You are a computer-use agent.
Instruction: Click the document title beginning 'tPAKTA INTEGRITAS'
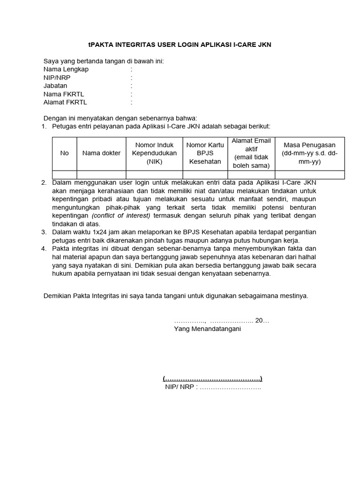click(180, 45)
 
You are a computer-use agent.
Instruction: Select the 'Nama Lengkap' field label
click(66, 69)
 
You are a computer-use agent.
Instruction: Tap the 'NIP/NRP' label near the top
click(56, 78)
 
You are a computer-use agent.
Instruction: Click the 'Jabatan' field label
click(55, 86)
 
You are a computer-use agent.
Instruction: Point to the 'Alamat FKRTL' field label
click(65, 102)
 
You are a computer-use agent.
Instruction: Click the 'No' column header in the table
click(64, 153)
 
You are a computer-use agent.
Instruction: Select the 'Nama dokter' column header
click(101, 153)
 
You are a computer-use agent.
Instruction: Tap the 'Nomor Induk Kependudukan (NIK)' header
click(154, 153)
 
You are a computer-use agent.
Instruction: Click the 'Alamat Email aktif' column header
click(251, 153)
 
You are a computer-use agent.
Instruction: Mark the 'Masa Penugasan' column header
click(309, 153)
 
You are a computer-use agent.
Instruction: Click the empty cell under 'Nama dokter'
click(101, 175)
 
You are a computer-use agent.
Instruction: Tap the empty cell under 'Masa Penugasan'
click(309, 175)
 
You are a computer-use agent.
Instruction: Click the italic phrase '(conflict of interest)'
click(121, 216)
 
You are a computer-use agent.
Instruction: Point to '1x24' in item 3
click(101, 232)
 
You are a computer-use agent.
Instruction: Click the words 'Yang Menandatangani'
click(207, 330)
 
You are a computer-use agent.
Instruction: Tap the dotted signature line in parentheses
click(212, 379)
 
